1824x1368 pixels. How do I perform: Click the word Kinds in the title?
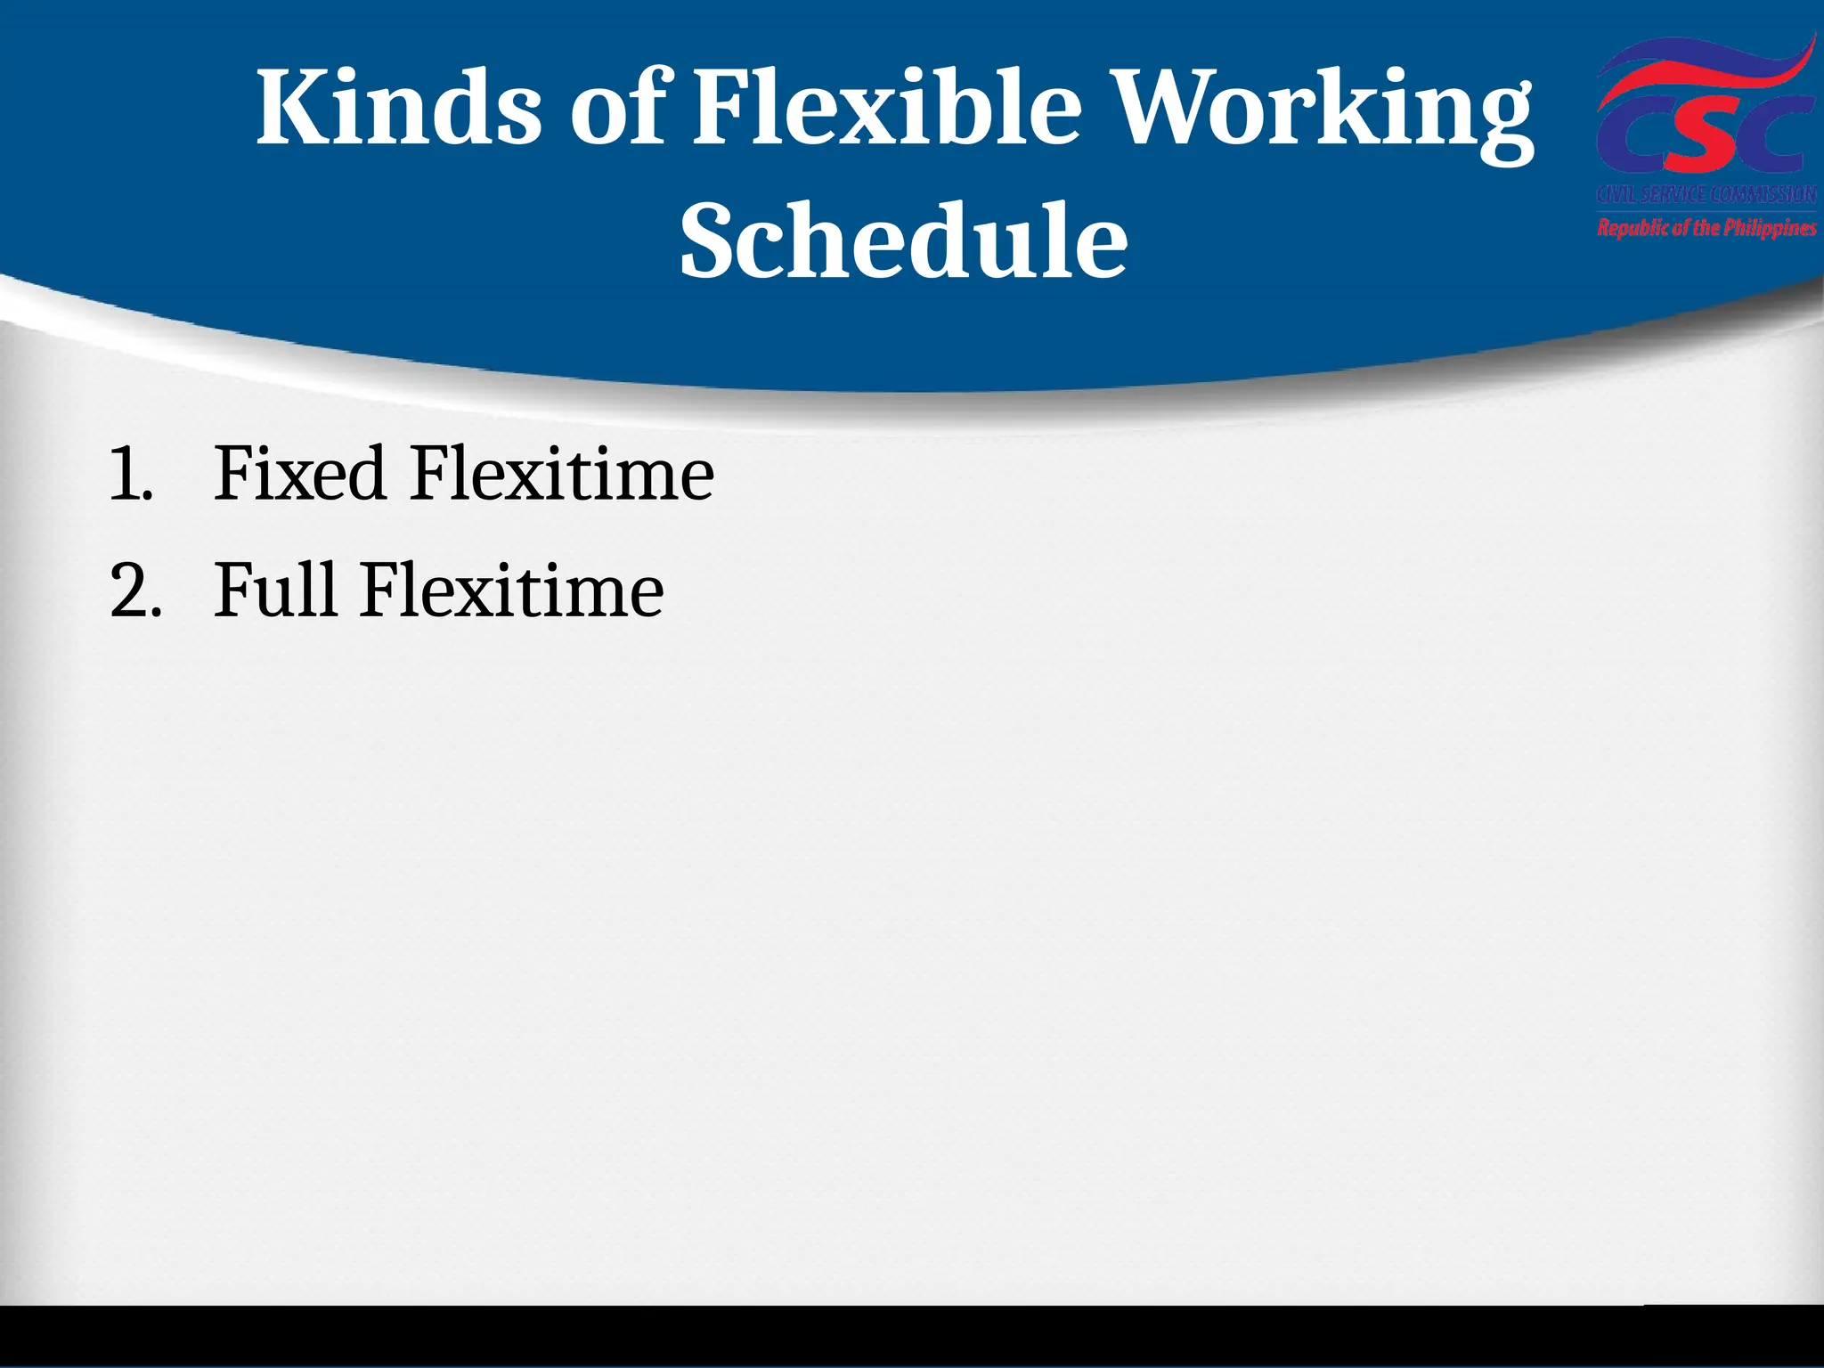coord(398,110)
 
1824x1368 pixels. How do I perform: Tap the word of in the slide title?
coord(617,110)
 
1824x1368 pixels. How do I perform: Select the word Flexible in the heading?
coord(887,110)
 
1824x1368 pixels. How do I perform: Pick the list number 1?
coord(128,475)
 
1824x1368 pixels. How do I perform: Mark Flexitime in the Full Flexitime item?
coord(511,590)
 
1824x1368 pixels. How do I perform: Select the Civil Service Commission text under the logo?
coord(1706,195)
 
